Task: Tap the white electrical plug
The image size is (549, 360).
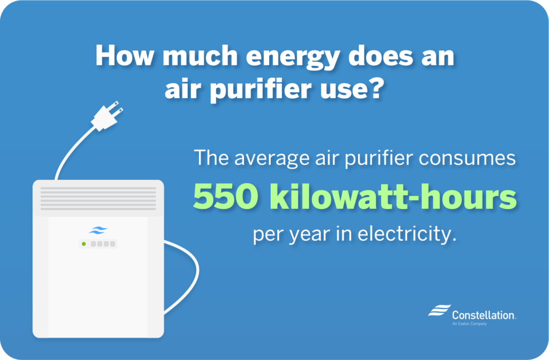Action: tap(107, 117)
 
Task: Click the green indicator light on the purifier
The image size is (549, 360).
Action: tap(84, 244)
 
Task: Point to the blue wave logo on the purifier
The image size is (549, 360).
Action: tap(98, 231)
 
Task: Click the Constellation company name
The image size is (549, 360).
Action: tap(483, 315)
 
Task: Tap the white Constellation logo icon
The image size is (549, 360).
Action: tap(439, 311)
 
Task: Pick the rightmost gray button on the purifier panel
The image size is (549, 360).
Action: tap(113, 244)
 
